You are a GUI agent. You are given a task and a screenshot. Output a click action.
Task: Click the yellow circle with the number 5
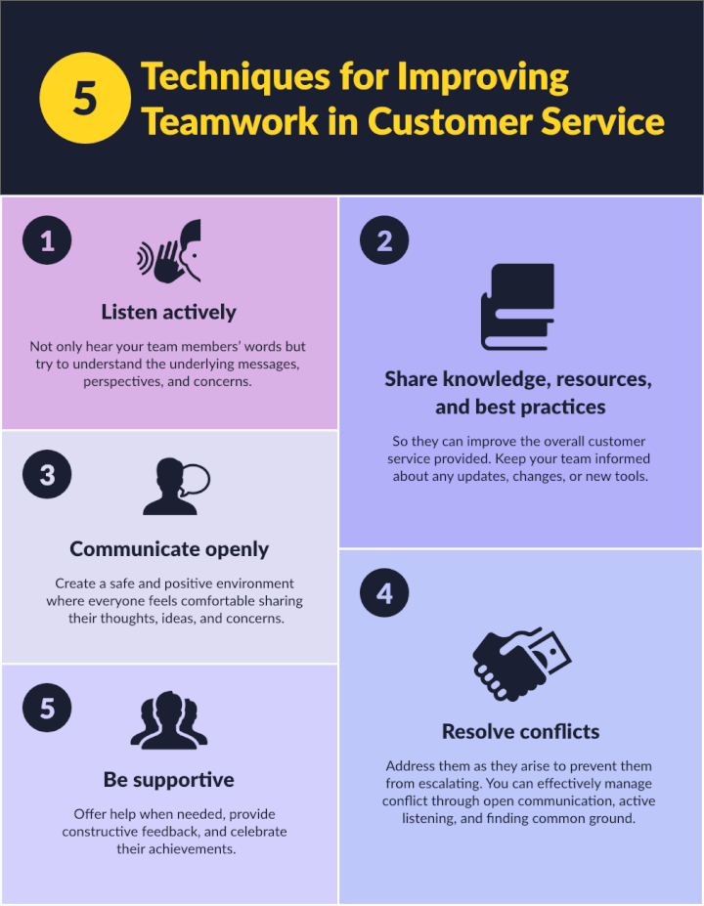coord(85,98)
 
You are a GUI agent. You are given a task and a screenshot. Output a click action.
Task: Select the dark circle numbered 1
coord(47,240)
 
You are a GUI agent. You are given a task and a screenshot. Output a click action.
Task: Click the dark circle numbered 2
coord(384,240)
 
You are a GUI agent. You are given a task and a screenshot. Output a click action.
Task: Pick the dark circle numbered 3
coord(47,475)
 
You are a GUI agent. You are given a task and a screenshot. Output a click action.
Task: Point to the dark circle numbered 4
coord(384,593)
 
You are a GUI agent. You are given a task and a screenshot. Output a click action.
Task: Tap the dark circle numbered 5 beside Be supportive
coord(47,708)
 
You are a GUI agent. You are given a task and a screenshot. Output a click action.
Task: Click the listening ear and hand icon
coord(169,252)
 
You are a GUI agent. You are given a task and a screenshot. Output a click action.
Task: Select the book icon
coord(517,307)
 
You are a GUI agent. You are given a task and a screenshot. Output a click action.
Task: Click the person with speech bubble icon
coord(174,486)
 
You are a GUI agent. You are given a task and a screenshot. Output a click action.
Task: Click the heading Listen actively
coord(169,312)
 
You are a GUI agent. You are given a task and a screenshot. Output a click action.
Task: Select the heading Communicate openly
coord(169,549)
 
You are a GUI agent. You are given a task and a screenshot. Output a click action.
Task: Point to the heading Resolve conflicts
coord(520,731)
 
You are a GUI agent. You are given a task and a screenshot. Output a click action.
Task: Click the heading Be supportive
coord(169,780)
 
